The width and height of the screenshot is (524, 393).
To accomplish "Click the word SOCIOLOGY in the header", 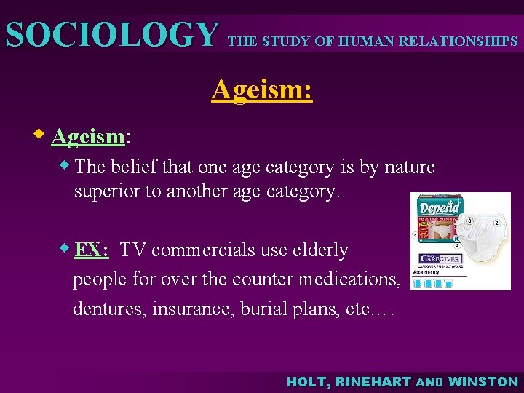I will click(111, 35).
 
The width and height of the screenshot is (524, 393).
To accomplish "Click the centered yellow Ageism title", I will click(262, 90).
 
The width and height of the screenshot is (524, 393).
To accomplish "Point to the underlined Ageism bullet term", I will click(88, 136).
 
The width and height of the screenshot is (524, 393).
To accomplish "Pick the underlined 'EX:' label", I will click(91, 250).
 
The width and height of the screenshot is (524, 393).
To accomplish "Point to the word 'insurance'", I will click(191, 309).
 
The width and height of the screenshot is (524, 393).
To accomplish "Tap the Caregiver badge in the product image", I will click(439, 258).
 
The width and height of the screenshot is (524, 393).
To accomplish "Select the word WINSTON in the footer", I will click(483, 381).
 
